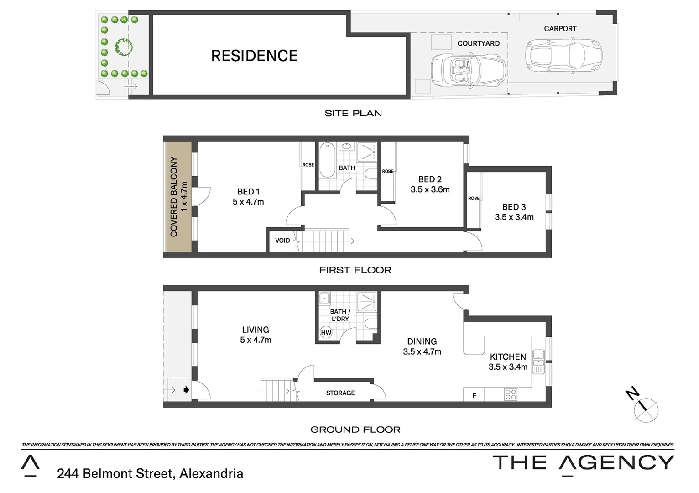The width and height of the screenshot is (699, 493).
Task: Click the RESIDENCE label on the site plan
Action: (254, 56)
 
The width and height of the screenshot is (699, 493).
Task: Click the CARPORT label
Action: (560, 29)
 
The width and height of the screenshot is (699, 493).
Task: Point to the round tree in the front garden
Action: (124, 47)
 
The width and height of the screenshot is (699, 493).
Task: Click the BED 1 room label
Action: (248, 192)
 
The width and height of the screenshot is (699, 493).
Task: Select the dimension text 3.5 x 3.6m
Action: (430, 189)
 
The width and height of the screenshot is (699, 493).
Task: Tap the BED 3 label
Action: (514, 207)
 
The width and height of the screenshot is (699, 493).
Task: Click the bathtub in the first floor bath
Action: (327, 160)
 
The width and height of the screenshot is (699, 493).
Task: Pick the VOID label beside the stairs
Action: (282, 241)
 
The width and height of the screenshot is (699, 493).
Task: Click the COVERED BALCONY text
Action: (174, 196)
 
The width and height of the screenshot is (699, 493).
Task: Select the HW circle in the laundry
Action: (326, 333)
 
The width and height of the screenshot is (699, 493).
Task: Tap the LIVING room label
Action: (256, 330)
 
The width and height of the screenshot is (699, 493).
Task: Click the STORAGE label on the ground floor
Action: (340, 393)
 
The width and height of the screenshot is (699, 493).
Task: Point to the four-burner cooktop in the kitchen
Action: (511, 395)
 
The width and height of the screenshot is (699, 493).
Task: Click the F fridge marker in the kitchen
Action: (474, 396)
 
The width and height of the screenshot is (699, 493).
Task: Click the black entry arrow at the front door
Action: (186, 390)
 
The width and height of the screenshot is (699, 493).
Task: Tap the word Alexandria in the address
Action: (211, 474)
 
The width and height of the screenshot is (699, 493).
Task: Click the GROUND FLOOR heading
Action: (355, 430)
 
